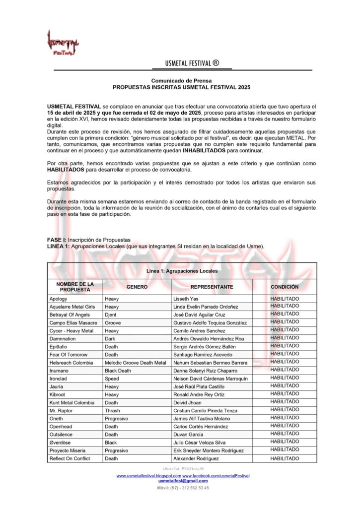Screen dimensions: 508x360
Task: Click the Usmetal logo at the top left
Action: pos(63,43)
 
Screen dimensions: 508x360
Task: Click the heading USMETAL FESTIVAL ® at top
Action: pos(192,63)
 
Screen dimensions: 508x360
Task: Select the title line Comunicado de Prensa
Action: pos(181,80)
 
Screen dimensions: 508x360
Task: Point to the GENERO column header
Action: pos(137,287)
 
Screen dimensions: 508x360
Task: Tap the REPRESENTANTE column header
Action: pos(212,287)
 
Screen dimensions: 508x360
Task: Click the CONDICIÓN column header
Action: pos(285,287)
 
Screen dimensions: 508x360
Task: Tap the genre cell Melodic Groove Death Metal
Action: pos(135,363)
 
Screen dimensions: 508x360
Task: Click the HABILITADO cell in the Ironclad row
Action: pos(285,378)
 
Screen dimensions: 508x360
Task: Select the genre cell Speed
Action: pos(112,379)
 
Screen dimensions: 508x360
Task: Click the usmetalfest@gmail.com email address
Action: pos(183,481)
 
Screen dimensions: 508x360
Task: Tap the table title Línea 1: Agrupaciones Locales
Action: pos(182,271)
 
